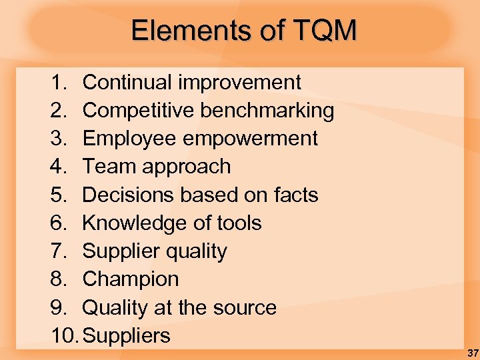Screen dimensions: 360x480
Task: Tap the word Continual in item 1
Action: pyautogui.click(x=127, y=83)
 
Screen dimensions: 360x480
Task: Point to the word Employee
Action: pyautogui.click(x=125, y=139)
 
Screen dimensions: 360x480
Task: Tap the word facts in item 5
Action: pyautogui.click(x=296, y=195)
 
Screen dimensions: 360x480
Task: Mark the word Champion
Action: pyautogui.click(x=130, y=279)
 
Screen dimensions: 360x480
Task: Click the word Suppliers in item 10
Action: pyautogui.click(x=127, y=336)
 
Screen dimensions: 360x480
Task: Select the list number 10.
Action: pyautogui.click(x=64, y=336)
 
